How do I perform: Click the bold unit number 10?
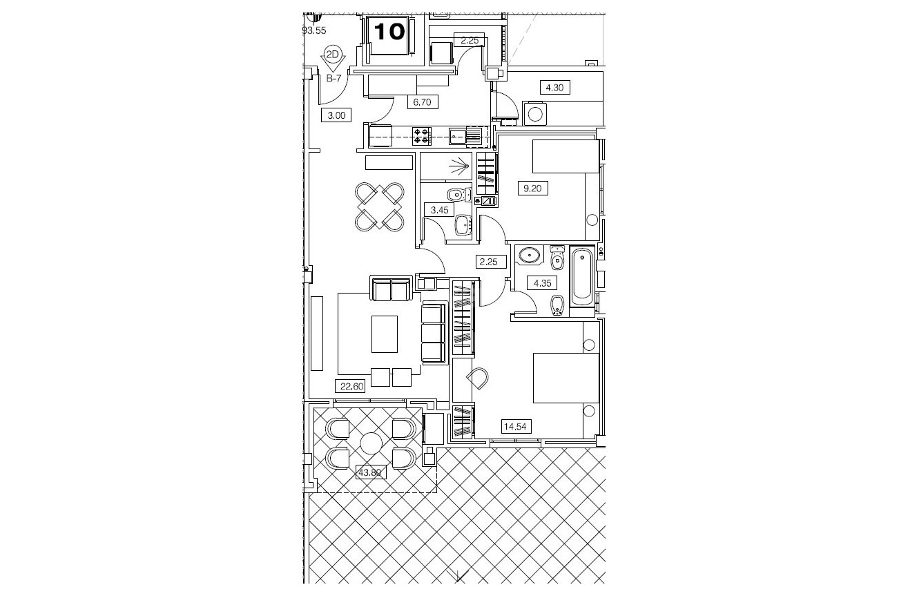pos(389,32)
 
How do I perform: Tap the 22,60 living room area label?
pos(352,386)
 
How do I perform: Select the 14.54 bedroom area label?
pos(515,427)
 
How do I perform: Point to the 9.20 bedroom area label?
pos(532,189)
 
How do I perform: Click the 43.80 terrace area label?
pos(371,473)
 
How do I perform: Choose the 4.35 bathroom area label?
pos(542,283)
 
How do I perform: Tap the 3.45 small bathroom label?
pos(439,210)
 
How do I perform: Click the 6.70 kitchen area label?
pos(423,102)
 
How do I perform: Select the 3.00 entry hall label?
pos(336,115)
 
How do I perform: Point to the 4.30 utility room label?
pos(554,88)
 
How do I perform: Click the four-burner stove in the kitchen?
pos(422,136)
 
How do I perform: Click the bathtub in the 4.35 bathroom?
pos(582,276)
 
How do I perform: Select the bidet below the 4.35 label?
pos(557,305)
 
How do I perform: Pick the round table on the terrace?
pos(371,443)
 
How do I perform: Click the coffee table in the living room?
pos(385,334)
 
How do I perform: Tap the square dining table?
pos(380,206)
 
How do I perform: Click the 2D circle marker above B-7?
pos(332,55)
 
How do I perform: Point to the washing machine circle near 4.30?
pos(535,115)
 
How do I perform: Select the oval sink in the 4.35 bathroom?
pos(530,256)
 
